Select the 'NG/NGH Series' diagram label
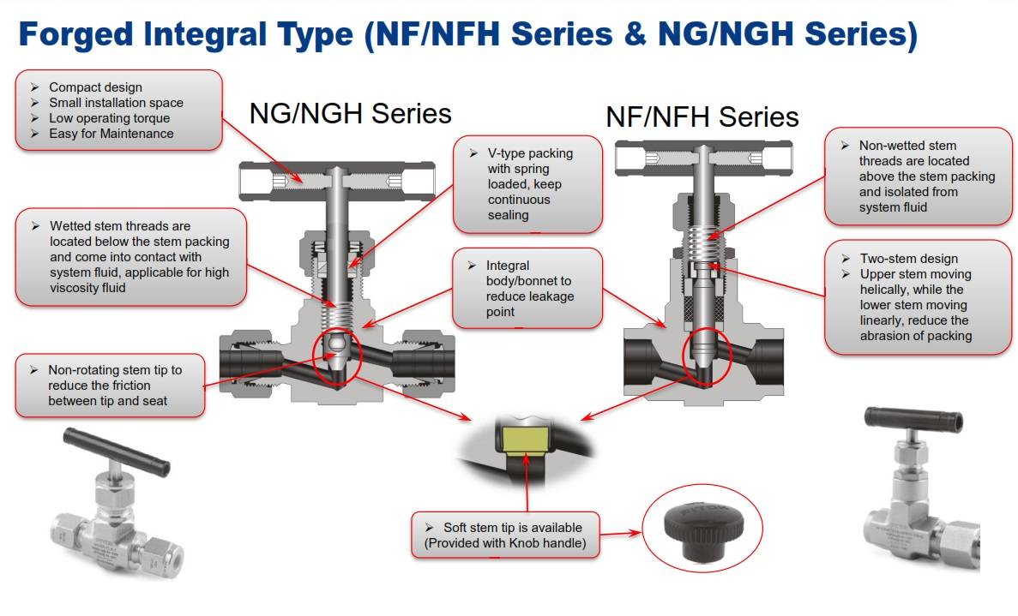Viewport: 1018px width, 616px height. [350, 113]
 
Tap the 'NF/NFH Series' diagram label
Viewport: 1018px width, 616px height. [702, 117]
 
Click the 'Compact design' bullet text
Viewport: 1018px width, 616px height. [95, 87]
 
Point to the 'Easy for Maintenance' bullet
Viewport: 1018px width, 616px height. [111, 134]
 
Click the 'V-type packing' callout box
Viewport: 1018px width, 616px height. [527, 184]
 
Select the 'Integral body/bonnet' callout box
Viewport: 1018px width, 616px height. [527, 289]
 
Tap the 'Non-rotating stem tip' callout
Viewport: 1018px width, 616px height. [110, 386]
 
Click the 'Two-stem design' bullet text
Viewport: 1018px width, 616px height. [909, 259]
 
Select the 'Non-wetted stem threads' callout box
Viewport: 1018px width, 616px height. [918, 176]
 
